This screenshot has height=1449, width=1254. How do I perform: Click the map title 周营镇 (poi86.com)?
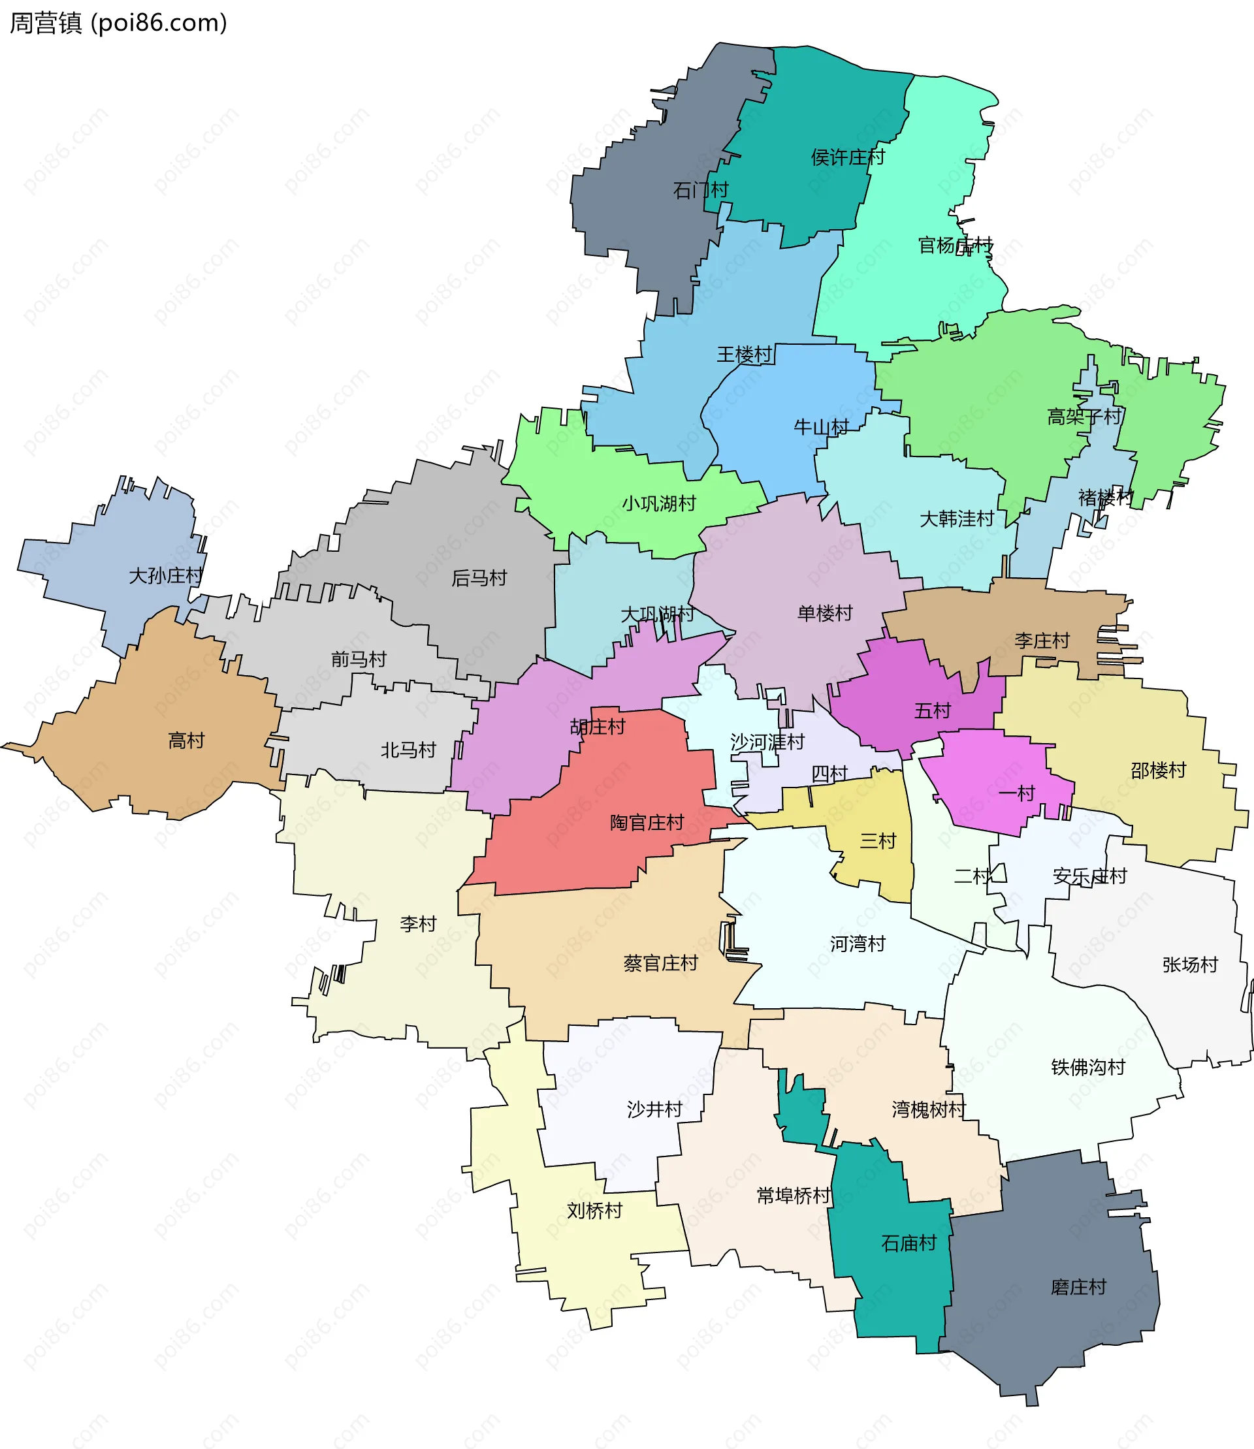coord(118,23)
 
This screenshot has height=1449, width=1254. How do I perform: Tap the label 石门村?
coord(700,189)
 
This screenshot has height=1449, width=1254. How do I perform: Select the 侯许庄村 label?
coord(848,157)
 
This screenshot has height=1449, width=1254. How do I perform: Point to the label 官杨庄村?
coord(955,245)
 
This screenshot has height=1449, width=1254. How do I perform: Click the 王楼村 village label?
coord(744,354)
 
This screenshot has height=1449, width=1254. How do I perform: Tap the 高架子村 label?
coord(1084,417)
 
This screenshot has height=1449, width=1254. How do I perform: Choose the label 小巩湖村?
coord(658,503)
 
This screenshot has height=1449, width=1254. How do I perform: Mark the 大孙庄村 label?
coord(165,575)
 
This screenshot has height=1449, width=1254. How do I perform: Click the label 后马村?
coord(479,578)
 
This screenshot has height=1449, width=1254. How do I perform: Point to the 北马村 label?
coord(408,750)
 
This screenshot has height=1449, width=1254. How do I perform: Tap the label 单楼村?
coord(825,613)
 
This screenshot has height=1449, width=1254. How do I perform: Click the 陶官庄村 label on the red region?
coord(647,822)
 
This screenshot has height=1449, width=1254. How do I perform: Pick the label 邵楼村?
coord(1158,771)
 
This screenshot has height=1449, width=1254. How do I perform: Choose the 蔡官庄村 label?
coord(660,963)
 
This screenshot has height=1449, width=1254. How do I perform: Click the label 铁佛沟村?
coord(1087,1067)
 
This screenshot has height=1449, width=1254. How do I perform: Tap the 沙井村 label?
coord(654,1109)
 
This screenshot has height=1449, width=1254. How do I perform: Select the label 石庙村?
coord(908,1243)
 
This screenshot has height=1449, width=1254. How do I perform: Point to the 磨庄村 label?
coord(1078,1286)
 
